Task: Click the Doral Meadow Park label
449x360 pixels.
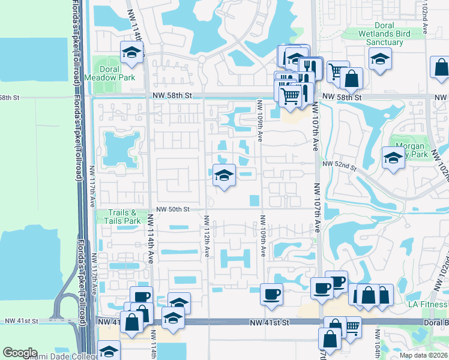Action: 118,73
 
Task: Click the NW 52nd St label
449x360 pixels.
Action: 339,163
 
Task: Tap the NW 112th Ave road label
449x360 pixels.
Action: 206,237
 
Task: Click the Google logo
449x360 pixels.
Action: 20,353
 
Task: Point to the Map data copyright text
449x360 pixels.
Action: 423,355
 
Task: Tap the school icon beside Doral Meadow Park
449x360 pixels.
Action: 130,53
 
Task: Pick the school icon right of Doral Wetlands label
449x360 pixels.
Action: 380,59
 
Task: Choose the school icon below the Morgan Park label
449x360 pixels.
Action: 393,158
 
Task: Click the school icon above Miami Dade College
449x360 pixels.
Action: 109,350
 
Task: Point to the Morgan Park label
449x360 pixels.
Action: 410,150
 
